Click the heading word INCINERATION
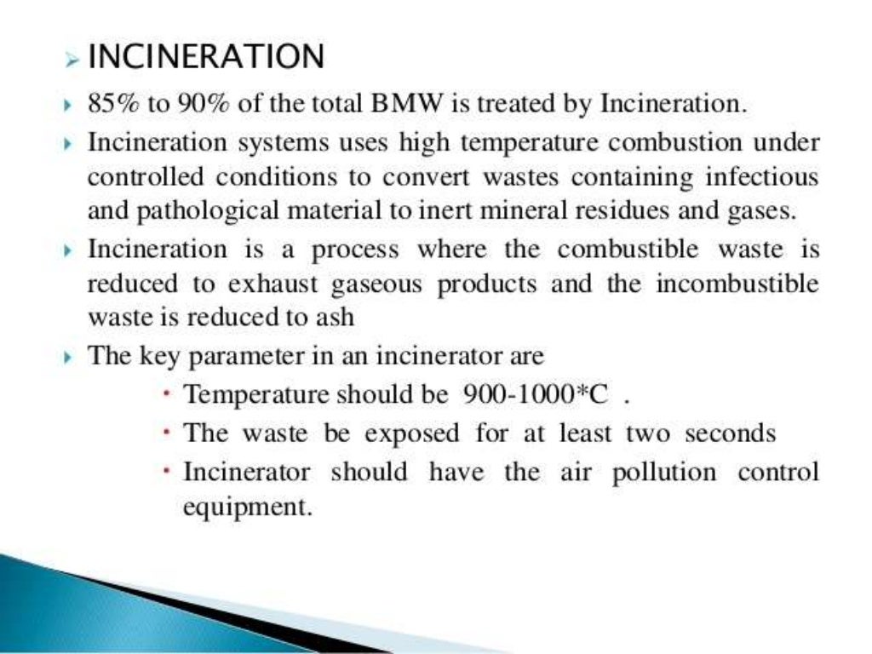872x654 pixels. pyautogui.click(x=206, y=58)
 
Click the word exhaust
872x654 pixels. pyautogui.click(x=236, y=284)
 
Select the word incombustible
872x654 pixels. pyautogui.click(x=737, y=284)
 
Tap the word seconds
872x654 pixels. pyautogui.click(x=731, y=433)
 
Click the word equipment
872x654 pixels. pyautogui.click(x=243, y=508)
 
